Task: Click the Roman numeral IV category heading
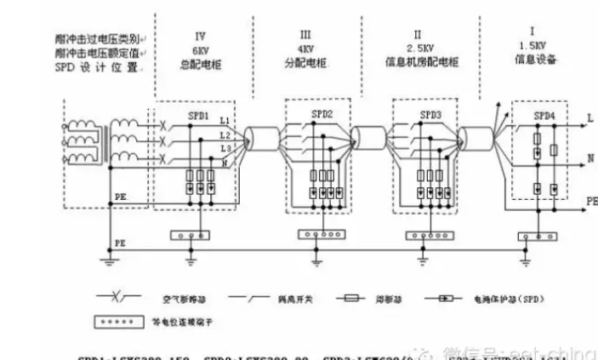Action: click(201, 36)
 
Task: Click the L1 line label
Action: click(225, 123)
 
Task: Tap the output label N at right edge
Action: click(589, 159)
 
